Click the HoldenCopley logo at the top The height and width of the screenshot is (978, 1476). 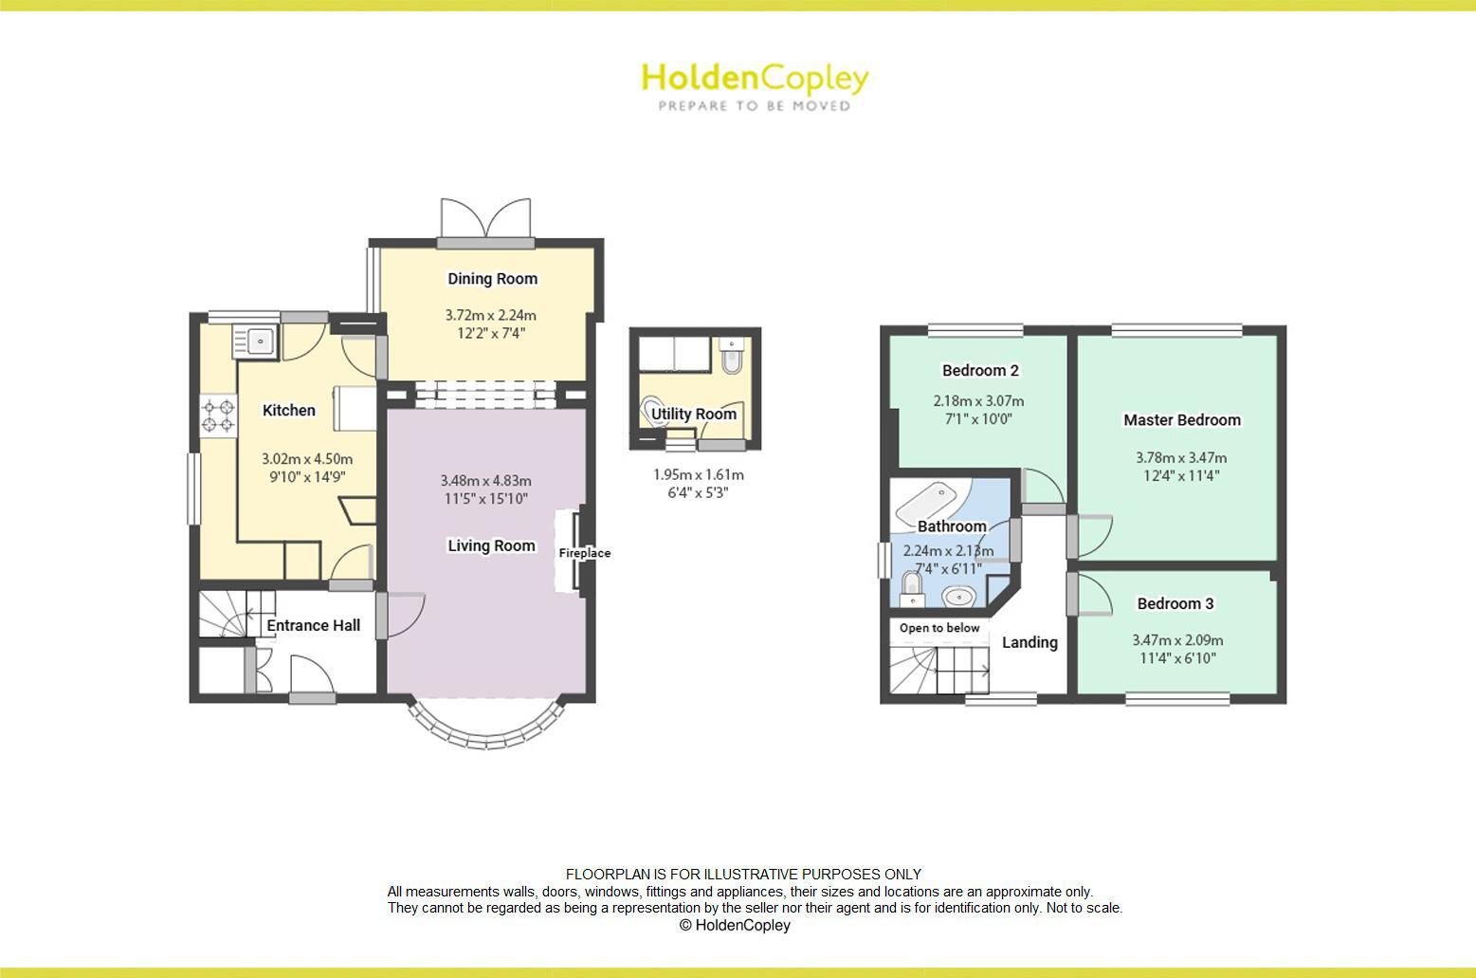tap(755, 79)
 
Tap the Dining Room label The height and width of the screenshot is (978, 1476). tap(492, 278)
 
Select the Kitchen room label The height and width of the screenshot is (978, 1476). tap(289, 410)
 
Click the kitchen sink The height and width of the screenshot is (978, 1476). tap(254, 340)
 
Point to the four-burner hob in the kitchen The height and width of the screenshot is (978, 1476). tap(218, 415)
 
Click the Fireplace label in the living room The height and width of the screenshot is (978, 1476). tap(584, 553)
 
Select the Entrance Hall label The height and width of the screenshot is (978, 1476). tap(313, 625)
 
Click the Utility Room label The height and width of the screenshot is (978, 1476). tap(694, 414)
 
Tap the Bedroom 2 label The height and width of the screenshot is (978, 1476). tap(980, 370)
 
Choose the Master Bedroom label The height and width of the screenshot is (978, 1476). tap(1181, 419)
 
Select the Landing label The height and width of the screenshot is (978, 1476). tap(1030, 642)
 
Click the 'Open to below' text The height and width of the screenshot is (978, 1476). tap(939, 628)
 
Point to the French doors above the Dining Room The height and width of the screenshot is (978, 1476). tap(485, 220)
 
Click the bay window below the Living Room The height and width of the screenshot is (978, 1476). tap(487, 729)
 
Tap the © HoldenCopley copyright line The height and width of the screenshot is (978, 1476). tap(735, 925)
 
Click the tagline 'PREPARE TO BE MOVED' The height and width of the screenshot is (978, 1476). tap(755, 106)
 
